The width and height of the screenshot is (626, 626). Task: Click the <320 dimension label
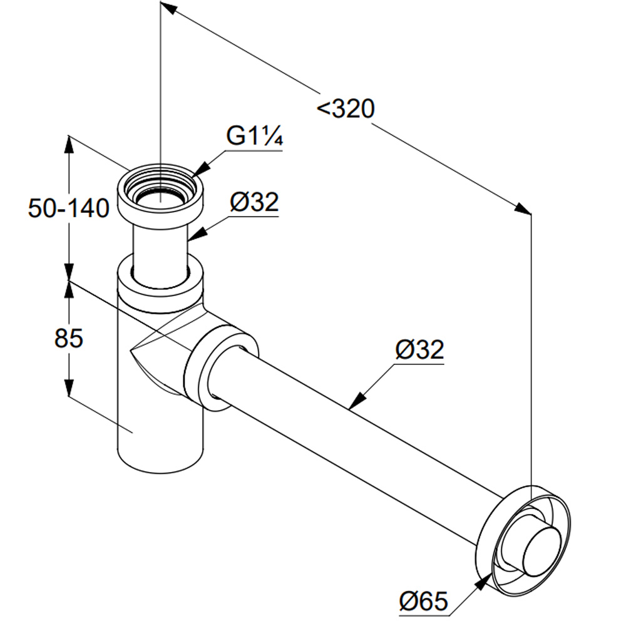[x=346, y=109]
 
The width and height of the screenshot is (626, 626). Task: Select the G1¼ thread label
[x=254, y=136]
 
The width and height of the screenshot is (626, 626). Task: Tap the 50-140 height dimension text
[x=69, y=208]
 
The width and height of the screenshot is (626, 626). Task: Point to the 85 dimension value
[x=69, y=339]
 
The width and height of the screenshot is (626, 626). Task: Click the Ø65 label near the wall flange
[x=423, y=602]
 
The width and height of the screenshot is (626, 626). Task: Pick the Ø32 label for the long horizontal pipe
[x=419, y=349]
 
